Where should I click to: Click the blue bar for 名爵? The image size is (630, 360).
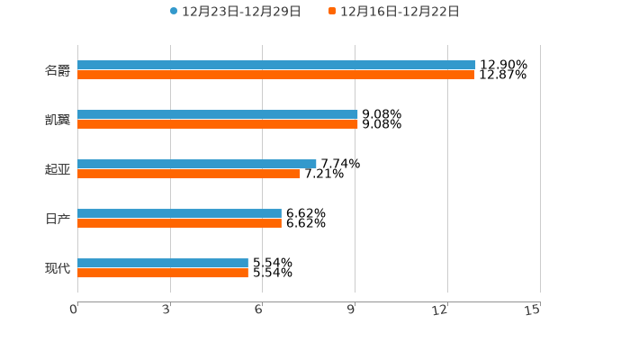coord(276,65)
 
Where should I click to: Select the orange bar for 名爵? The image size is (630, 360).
coord(275,75)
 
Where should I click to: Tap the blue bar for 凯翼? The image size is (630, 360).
coord(217,114)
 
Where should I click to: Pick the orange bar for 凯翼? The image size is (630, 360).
coord(217,124)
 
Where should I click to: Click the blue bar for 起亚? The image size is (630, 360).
coord(196,164)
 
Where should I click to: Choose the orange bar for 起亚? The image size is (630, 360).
coord(188,174)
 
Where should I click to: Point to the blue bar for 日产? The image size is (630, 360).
coord(179,213)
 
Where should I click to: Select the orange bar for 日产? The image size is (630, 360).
coord(179,223)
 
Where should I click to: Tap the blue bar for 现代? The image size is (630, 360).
coord(162,263)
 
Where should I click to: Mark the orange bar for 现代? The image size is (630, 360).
coord(162,273)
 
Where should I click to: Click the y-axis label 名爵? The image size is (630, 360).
coord(58,70)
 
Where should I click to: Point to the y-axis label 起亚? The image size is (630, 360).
coord(58,169)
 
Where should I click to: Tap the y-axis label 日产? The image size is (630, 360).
coord(58,219)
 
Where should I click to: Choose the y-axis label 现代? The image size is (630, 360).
coord(58,268)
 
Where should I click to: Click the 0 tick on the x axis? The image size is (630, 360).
coord(74,310)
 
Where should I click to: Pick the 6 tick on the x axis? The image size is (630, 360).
coord(258,310)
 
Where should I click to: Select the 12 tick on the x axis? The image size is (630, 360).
coord(440,310)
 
